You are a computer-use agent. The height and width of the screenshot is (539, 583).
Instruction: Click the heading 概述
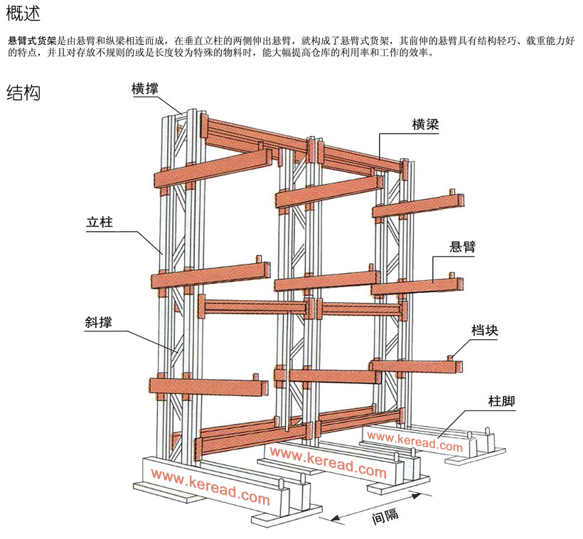coord(23,14)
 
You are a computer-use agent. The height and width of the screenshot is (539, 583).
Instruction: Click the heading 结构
coord(23,92)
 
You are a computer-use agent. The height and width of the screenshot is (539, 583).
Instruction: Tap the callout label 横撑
coord(145,90)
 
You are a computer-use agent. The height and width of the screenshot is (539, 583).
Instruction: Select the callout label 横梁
coord(425,124)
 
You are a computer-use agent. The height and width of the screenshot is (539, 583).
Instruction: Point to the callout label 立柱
coord(100,223)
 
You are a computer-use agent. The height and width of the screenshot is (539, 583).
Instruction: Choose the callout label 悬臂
coord(463,247)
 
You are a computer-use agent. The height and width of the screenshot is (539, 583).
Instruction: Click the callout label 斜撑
coord(99,322)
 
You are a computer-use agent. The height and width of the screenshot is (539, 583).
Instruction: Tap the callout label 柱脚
coord(501,401)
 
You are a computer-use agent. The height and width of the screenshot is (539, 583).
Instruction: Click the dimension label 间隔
coord(385,516)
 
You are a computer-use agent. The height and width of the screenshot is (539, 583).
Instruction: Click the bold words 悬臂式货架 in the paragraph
coord(32,41)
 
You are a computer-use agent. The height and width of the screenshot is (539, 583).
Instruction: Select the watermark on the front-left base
coord(210,487)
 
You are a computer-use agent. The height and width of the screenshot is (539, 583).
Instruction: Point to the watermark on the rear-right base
coord(415,442)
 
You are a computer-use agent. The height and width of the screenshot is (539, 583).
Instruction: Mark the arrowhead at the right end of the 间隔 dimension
coord(416,496)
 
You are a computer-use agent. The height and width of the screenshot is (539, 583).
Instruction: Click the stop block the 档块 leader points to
coord(450,358)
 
